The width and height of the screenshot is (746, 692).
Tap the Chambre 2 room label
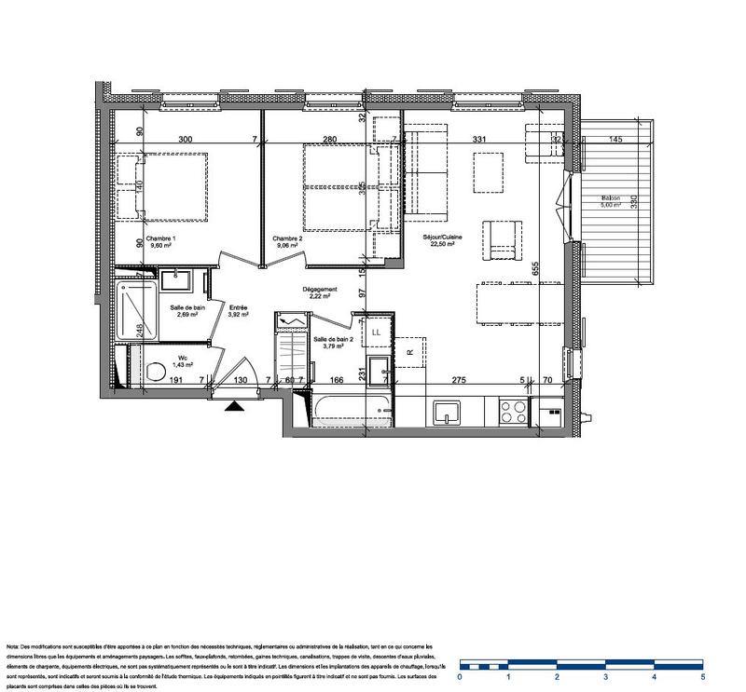pos(287,239)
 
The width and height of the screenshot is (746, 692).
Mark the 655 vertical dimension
pos(537,266)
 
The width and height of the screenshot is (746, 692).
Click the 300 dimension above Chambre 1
pos(185,139)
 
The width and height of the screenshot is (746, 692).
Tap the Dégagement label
pos(320,290)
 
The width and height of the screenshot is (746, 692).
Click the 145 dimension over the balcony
pos(615,139)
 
